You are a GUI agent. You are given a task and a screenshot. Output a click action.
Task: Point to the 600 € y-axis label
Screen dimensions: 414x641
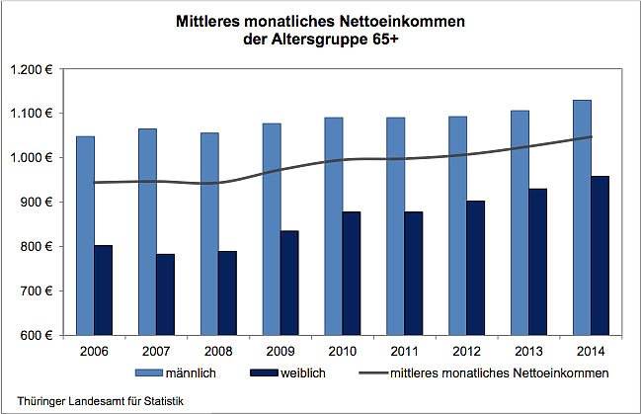[41, 335]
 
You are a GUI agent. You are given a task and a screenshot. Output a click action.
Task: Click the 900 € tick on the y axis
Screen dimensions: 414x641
[41, 203]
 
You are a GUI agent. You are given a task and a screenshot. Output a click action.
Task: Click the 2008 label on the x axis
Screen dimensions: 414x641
[218, 351]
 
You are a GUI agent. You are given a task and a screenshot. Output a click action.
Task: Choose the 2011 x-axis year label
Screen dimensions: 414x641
[405, 351]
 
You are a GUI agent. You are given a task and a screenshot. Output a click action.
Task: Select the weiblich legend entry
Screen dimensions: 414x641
[326, 373]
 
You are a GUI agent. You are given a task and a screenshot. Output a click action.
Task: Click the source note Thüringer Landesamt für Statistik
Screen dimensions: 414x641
[93, 400]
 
